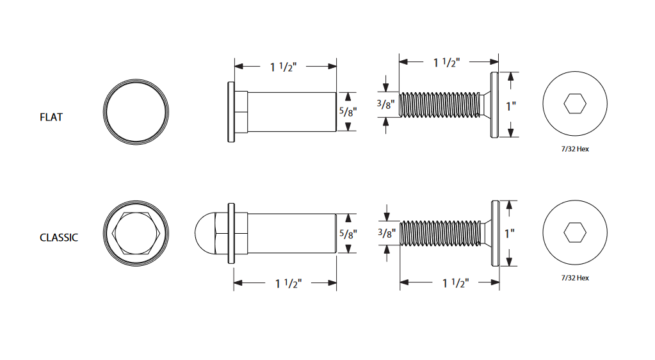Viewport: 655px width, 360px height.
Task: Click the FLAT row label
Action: point(51,118)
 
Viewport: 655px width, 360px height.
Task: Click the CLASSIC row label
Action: point(59,238)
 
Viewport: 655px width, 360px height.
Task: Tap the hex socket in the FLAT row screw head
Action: point(574,104)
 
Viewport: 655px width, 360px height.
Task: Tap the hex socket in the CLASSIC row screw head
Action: point(574,233)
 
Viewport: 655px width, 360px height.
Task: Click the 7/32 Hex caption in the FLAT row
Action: point(574,149)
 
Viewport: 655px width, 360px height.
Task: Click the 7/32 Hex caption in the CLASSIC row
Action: point(574,278)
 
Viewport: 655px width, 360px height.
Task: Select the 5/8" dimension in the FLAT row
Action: point(347,111)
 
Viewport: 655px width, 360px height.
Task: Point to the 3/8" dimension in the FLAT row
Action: point(386,104)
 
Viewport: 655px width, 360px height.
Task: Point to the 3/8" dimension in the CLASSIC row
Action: point(386,233)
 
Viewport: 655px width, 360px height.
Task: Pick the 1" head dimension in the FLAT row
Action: point(510,106)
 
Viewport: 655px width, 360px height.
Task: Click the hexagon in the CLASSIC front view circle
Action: point(138,233)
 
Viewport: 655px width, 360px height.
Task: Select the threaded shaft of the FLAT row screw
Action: point(439,104)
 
